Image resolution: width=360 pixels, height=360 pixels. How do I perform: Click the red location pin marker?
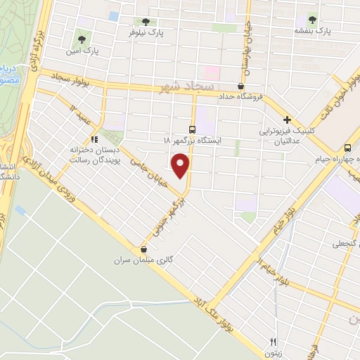pos(181,167)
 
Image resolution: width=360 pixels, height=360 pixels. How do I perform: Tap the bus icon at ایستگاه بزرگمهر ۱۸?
pos(193,129)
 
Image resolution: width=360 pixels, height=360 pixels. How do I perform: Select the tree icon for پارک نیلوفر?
pos(146,22)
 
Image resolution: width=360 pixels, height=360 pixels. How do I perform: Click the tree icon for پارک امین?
pos(82,40)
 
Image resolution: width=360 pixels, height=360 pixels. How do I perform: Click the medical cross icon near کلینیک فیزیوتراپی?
pos(288,120)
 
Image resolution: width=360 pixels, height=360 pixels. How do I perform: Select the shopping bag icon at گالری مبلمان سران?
pos(144,249)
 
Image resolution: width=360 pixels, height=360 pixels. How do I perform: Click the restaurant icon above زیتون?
pos(270,341)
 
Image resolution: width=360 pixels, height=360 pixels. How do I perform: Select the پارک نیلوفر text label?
pos(146,33)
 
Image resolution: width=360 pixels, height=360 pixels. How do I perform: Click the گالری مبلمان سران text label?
pos(143,260)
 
